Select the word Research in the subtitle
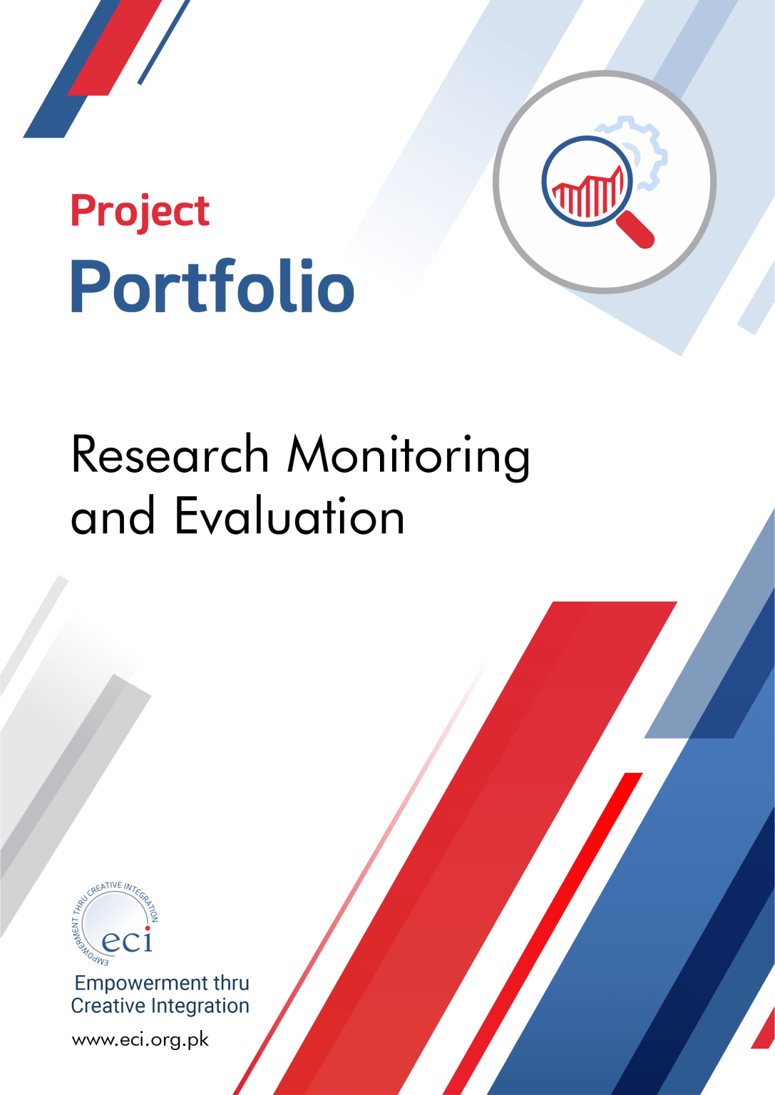(170, 454)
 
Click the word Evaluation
(289, 515)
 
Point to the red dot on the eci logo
(148, 928)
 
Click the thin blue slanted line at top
(164, 42)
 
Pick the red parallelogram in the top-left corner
(115, 48)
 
